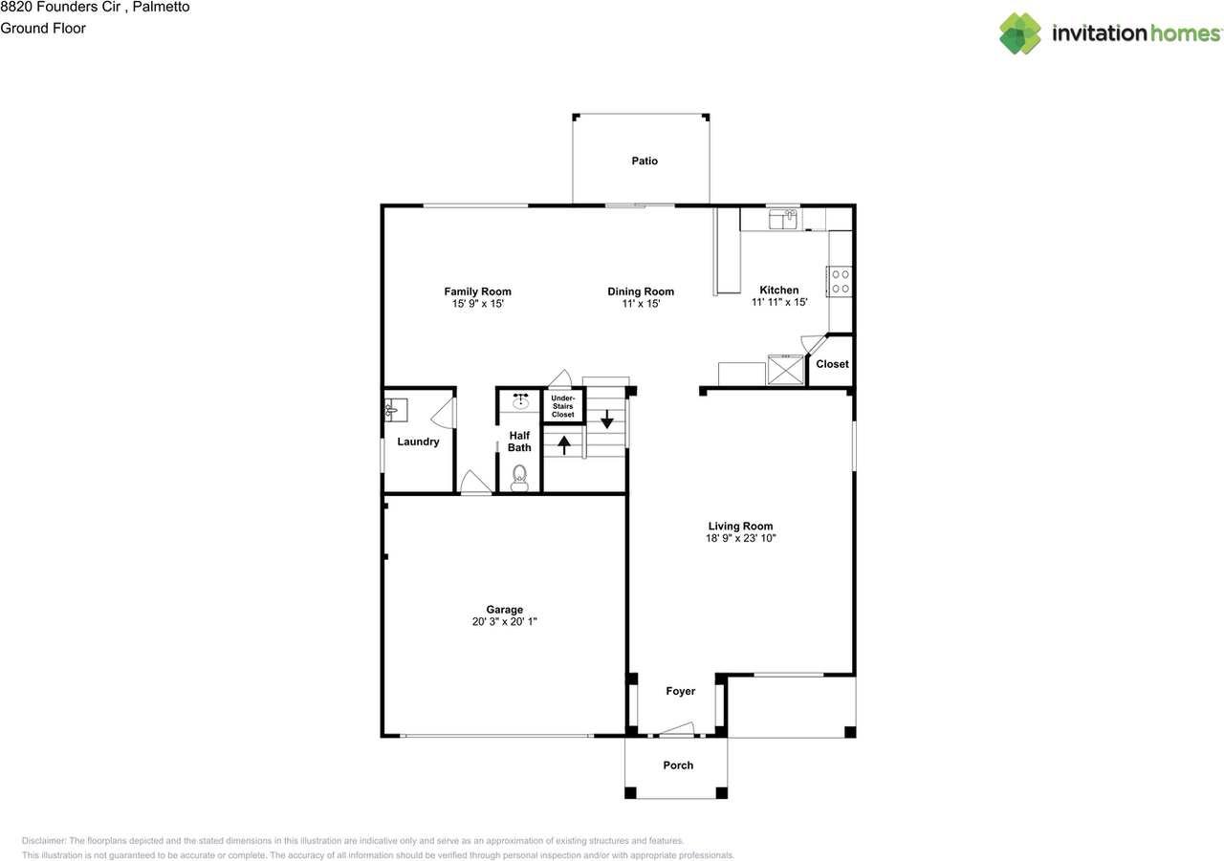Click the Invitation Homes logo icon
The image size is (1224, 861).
[x=1020, y=33]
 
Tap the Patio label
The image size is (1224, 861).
[x=645, y=161]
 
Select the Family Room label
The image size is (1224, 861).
[x=477, y=291]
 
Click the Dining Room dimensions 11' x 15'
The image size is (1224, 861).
[x=641, y=304]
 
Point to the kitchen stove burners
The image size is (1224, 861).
[x=841, y=281]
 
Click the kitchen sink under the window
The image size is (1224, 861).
[x=783, y=221]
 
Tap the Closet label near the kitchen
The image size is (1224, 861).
[x=832, y=364]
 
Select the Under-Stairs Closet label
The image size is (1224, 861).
[x=563, y=407]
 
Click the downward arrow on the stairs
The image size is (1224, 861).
[x=606, y=419]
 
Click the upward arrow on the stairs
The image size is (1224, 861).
[x=564, y=444]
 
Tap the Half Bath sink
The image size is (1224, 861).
[x=520, y=401]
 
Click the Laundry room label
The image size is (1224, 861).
[x=418, y=441]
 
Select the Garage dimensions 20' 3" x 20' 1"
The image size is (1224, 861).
[x=504, y=622]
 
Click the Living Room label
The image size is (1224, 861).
[x=740, y=526]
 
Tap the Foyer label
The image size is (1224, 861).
[x=680, y=691]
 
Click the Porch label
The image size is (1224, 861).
[x=678, y=765]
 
